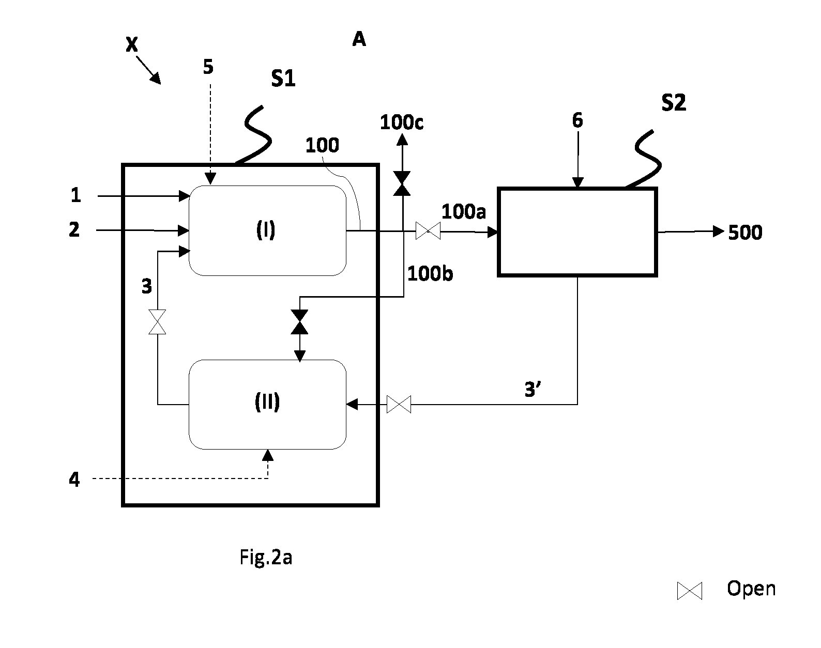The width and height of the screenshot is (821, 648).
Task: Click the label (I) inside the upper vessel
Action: click(x=266, y=230)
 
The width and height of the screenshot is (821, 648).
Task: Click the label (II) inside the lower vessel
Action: click(x=267, y=402)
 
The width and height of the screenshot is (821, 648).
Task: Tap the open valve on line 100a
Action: click(x=428, y=231)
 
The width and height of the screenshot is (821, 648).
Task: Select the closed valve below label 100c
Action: click(x=402, y=183)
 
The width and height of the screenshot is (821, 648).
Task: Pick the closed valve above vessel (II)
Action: click(x=299, y=322)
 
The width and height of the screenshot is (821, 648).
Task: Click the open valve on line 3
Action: click(x=157, y=322)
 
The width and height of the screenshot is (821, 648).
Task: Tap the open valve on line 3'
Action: click(x=399, y=404)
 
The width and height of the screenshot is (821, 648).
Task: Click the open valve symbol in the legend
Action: click(x=689, y=591)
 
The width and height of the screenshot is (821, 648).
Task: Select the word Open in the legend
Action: click(x=751, y=589)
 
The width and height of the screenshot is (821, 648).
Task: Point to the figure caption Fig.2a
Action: click(x=266, y=557)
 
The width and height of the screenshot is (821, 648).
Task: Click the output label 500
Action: click(x=745, y=232)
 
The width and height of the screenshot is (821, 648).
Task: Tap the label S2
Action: click(x=674, y=103)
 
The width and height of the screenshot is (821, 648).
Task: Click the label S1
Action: click(x=283, y=79)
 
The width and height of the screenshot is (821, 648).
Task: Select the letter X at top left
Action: click(x=132, y=44)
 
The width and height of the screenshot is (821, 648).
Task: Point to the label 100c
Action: click(x=402, y=122)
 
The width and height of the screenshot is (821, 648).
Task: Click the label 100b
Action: click(x=430, y=273)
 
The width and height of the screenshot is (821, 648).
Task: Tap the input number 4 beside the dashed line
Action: click(x=74, y=479)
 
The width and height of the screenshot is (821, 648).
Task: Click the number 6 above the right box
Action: click(x=577, y=120)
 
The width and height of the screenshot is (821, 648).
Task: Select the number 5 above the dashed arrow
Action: click(x=208, y=67)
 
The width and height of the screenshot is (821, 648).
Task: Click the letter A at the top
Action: click(x=359, y=39)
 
